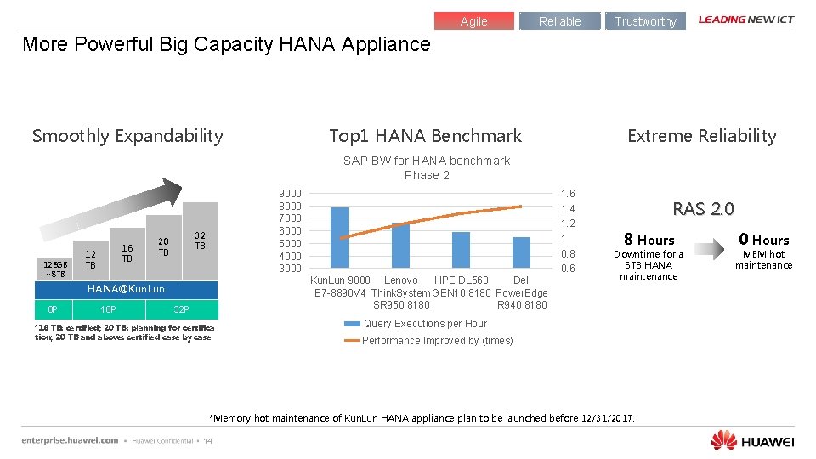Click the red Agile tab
(x=474, y=21)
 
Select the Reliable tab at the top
(x=559, y=21)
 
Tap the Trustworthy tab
(x=645, y=21)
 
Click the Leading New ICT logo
(x=746, y=20)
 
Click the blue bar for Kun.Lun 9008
(x=340, y=238)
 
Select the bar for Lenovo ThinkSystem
(x=400, y=246)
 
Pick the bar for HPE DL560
(x=461, y=250)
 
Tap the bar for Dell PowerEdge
(x=521, y=252)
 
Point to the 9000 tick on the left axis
(x=290, y=194)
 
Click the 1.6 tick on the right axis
(x=567, y=194)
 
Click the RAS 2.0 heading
(x=703, y=209)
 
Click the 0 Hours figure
(x=763, y=240)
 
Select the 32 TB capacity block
(x=200, y=241)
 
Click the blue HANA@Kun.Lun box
(x=127, y=290)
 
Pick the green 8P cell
(x=53, y=309)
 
